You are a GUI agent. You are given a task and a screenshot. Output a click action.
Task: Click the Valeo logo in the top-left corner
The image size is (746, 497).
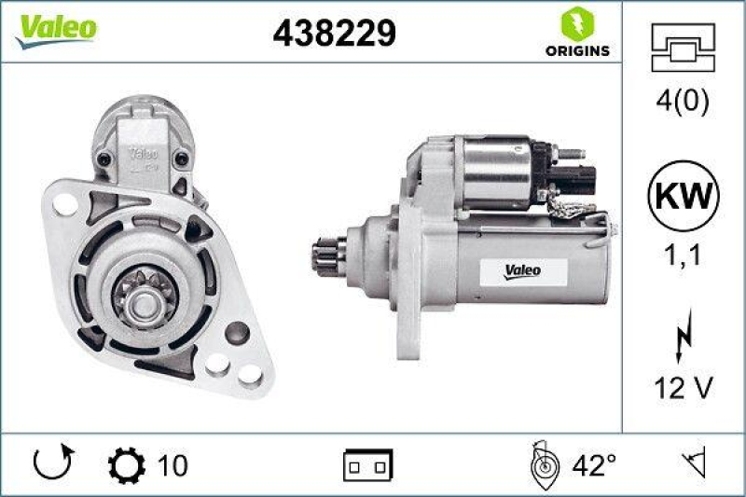pos(53,28)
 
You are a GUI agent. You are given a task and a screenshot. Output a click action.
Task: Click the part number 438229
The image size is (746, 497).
pos(334,34)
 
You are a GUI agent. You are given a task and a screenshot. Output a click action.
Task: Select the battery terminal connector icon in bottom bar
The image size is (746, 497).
pos(368,463)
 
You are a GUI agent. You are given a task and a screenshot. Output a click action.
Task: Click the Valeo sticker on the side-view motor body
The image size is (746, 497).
pos(521,271)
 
